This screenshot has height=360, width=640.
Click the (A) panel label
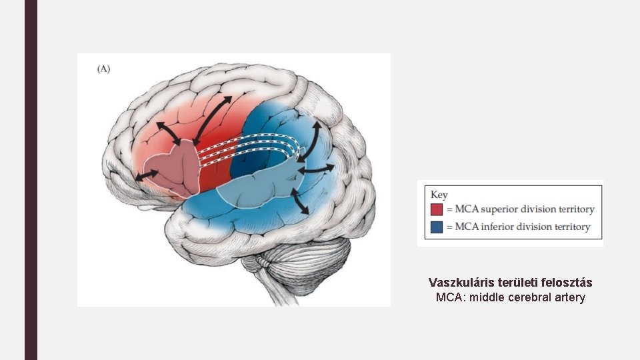pyautogui.click(x=103, y=69)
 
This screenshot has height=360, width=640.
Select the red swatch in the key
pyautogui.click(x=437, y=209)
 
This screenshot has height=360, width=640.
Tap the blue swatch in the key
pyautogui.click(x=437, y=227)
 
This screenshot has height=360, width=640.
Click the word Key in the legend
pyautogui.click(x=439, y=195)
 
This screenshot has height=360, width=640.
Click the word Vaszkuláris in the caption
pyautogui.click(x=461, y=283)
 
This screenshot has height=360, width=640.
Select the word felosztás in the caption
pyautogui.click(x=566, y=283)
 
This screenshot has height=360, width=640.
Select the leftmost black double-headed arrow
pyautogui.click(x=147, y=175)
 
